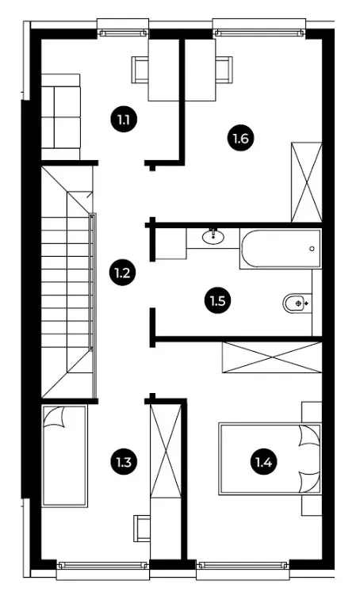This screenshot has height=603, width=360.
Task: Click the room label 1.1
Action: coord(124,120)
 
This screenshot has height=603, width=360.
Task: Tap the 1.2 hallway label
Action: coord(122,273)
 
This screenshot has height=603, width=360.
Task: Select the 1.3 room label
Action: coord(123,461)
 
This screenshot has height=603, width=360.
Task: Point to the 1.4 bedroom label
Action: coord(264,462)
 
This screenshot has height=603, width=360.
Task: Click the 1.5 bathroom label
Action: coord(217,300)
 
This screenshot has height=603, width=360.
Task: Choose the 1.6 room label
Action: coord(240,138)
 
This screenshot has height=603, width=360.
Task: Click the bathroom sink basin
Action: coord(213,237)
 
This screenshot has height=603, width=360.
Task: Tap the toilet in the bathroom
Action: coord(297,303)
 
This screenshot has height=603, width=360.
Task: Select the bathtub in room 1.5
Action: coord(280,249)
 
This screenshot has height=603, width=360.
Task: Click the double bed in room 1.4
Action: coord(270,459)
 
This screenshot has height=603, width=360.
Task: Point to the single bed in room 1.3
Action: coord(64,456)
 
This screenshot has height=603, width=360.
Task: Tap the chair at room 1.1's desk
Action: coord(140,70)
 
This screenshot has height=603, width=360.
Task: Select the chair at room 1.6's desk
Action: coord(224,70)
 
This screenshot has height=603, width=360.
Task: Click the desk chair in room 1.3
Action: coord(142,529)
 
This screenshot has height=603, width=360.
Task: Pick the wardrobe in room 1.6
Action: coord(307,182)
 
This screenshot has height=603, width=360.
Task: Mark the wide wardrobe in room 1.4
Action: coord(272,357)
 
